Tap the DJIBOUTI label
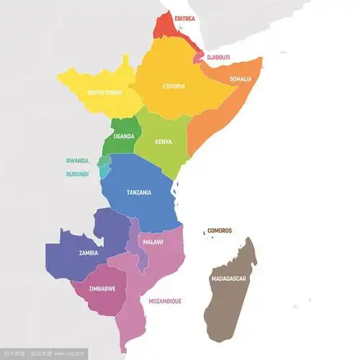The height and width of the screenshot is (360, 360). click(218, 57)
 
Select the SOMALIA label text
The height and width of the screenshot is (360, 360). click(240, 79)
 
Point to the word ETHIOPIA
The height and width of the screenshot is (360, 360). click(173, 86)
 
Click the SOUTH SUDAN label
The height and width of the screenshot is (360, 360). click(104, 93)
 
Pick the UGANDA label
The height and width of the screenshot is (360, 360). click(125, 137)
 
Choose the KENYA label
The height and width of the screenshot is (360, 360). click(164, 142)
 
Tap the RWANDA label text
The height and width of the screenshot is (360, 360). click(77, 161)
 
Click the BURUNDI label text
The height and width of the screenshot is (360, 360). click(77, 174)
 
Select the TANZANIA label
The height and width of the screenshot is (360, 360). click(138, 193)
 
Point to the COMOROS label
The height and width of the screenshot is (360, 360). click(220, 231)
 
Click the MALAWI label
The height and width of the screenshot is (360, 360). click(153, 243)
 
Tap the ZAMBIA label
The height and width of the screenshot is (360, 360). click(89, 253)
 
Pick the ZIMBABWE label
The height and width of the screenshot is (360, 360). click(102, 289)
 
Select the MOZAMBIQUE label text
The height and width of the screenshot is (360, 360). click(165, 301)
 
